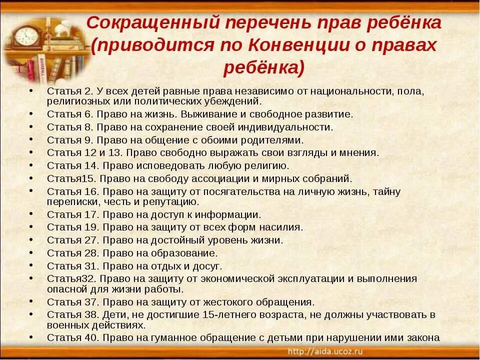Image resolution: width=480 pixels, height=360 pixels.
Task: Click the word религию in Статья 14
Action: coord(269,165)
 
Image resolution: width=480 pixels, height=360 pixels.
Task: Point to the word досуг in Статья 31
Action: coord(209,266)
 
